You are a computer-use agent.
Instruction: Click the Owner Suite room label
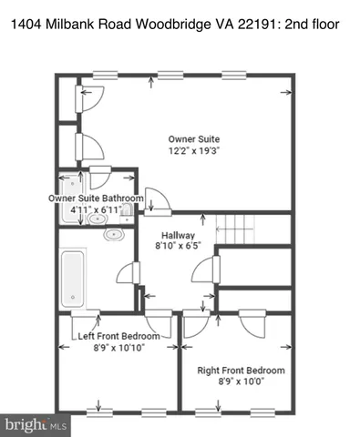tap(193, 138)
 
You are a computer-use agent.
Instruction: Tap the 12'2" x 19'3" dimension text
tap(193, 150)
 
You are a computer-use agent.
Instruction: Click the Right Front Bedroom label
tap(241, 371)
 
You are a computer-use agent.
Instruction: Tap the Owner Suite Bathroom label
tap(96, 198)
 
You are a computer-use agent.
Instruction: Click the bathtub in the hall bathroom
tap(71, 279)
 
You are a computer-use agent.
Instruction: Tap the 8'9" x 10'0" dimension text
tap(241, 382)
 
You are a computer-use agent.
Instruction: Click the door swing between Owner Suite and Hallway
tap(157, 198)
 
